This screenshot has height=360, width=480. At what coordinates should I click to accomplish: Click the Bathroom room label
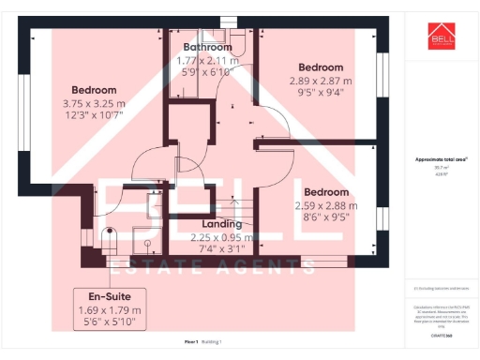point(207,47)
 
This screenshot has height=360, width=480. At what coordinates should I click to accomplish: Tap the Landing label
point(222,224)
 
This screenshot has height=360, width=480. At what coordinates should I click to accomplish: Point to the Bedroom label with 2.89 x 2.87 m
point(321,67)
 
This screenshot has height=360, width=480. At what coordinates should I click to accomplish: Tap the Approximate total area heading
point(441,160)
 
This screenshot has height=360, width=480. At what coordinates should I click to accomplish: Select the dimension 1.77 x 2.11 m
point(208,60)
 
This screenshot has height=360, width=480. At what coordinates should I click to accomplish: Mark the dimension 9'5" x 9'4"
point(321,92)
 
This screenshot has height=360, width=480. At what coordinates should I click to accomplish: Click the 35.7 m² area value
point(440,168)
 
